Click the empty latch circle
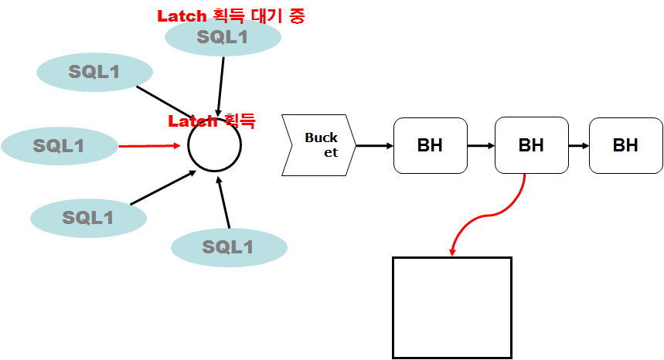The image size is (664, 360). pyautogui.click(x=215, y=144)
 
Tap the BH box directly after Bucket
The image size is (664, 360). pyautogui.click(x=430, y=145)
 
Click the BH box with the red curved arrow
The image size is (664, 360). pyautogui.click(x=531, y=145)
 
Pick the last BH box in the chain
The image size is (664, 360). pyautogui.click(x=625, y=145)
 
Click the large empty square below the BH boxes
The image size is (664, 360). pyautogui.click(x=452, y=307)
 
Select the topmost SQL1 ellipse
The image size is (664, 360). pyautogui.click(x=223, y=37)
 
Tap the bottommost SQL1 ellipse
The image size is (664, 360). pyautogui.click(x=229, y=247)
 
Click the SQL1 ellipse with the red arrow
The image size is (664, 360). pyautogui.click(x=59, y=145)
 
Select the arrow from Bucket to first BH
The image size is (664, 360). pyautogui.click(x=374, y=145)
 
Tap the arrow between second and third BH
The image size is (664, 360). pyautogui.click(x=578, y=145)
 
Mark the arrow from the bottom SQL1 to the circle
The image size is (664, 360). pyautogui.click(x=224, y=202)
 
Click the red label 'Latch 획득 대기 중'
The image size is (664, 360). pyautogui.click(x=230, y=15)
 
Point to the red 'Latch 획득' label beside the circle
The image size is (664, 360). pyautogui.click(x=211, y=121)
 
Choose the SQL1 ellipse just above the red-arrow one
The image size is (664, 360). pyautogui.click(x=94, y=73)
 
